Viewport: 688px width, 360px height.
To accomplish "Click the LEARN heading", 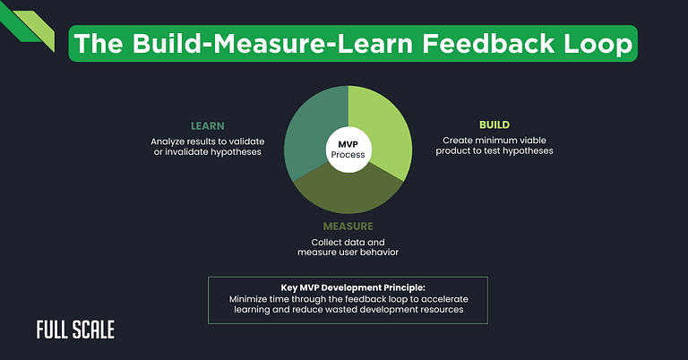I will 207,125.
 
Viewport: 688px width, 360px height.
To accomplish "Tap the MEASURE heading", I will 348,227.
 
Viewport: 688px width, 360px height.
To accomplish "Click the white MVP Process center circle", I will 348,149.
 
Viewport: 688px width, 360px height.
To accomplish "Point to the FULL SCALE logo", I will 75,330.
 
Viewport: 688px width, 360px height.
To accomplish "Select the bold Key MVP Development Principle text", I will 348,286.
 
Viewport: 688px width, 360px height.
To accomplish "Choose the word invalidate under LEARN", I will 190,153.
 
